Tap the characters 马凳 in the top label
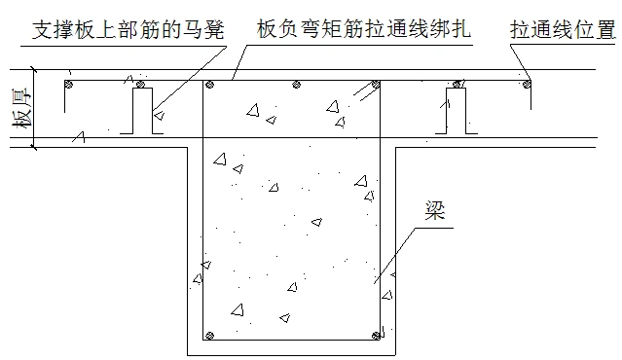click(x=205, y=29)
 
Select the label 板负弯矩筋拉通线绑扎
click(x=366, y=29)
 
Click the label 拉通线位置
click(x=564, y=29)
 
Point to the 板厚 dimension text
click(x=15, y=108)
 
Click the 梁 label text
click(x=435, y=211)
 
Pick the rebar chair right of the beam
click(x=454, y=110)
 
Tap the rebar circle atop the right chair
click(x=454, y=87)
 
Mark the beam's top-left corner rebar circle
click(x=208, y=87)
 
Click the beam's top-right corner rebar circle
click(x=375, y=87)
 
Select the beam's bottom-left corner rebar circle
click(x=208, y=336)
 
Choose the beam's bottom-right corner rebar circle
click(x=376, y=336)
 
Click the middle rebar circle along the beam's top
click(x=292, y=87)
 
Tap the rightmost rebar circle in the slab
click(x=527, y=86)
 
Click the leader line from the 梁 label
click(x=399, y=253)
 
